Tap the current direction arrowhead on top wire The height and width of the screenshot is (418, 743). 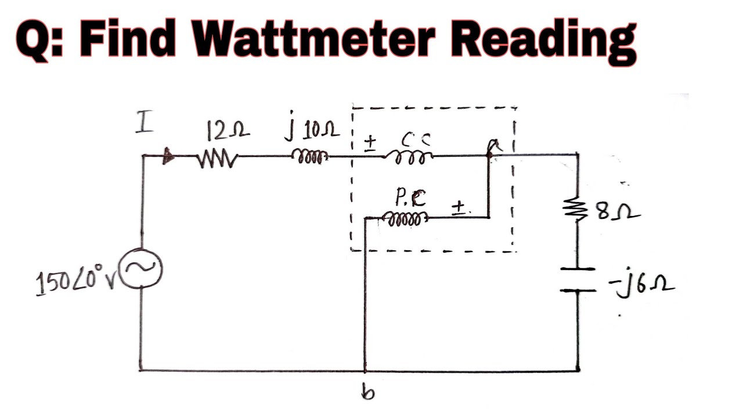169,156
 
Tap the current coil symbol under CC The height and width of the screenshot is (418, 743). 410,157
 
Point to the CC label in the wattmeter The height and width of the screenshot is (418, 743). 414,138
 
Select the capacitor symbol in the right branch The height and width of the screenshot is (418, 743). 578,279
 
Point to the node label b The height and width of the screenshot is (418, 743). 369,393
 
